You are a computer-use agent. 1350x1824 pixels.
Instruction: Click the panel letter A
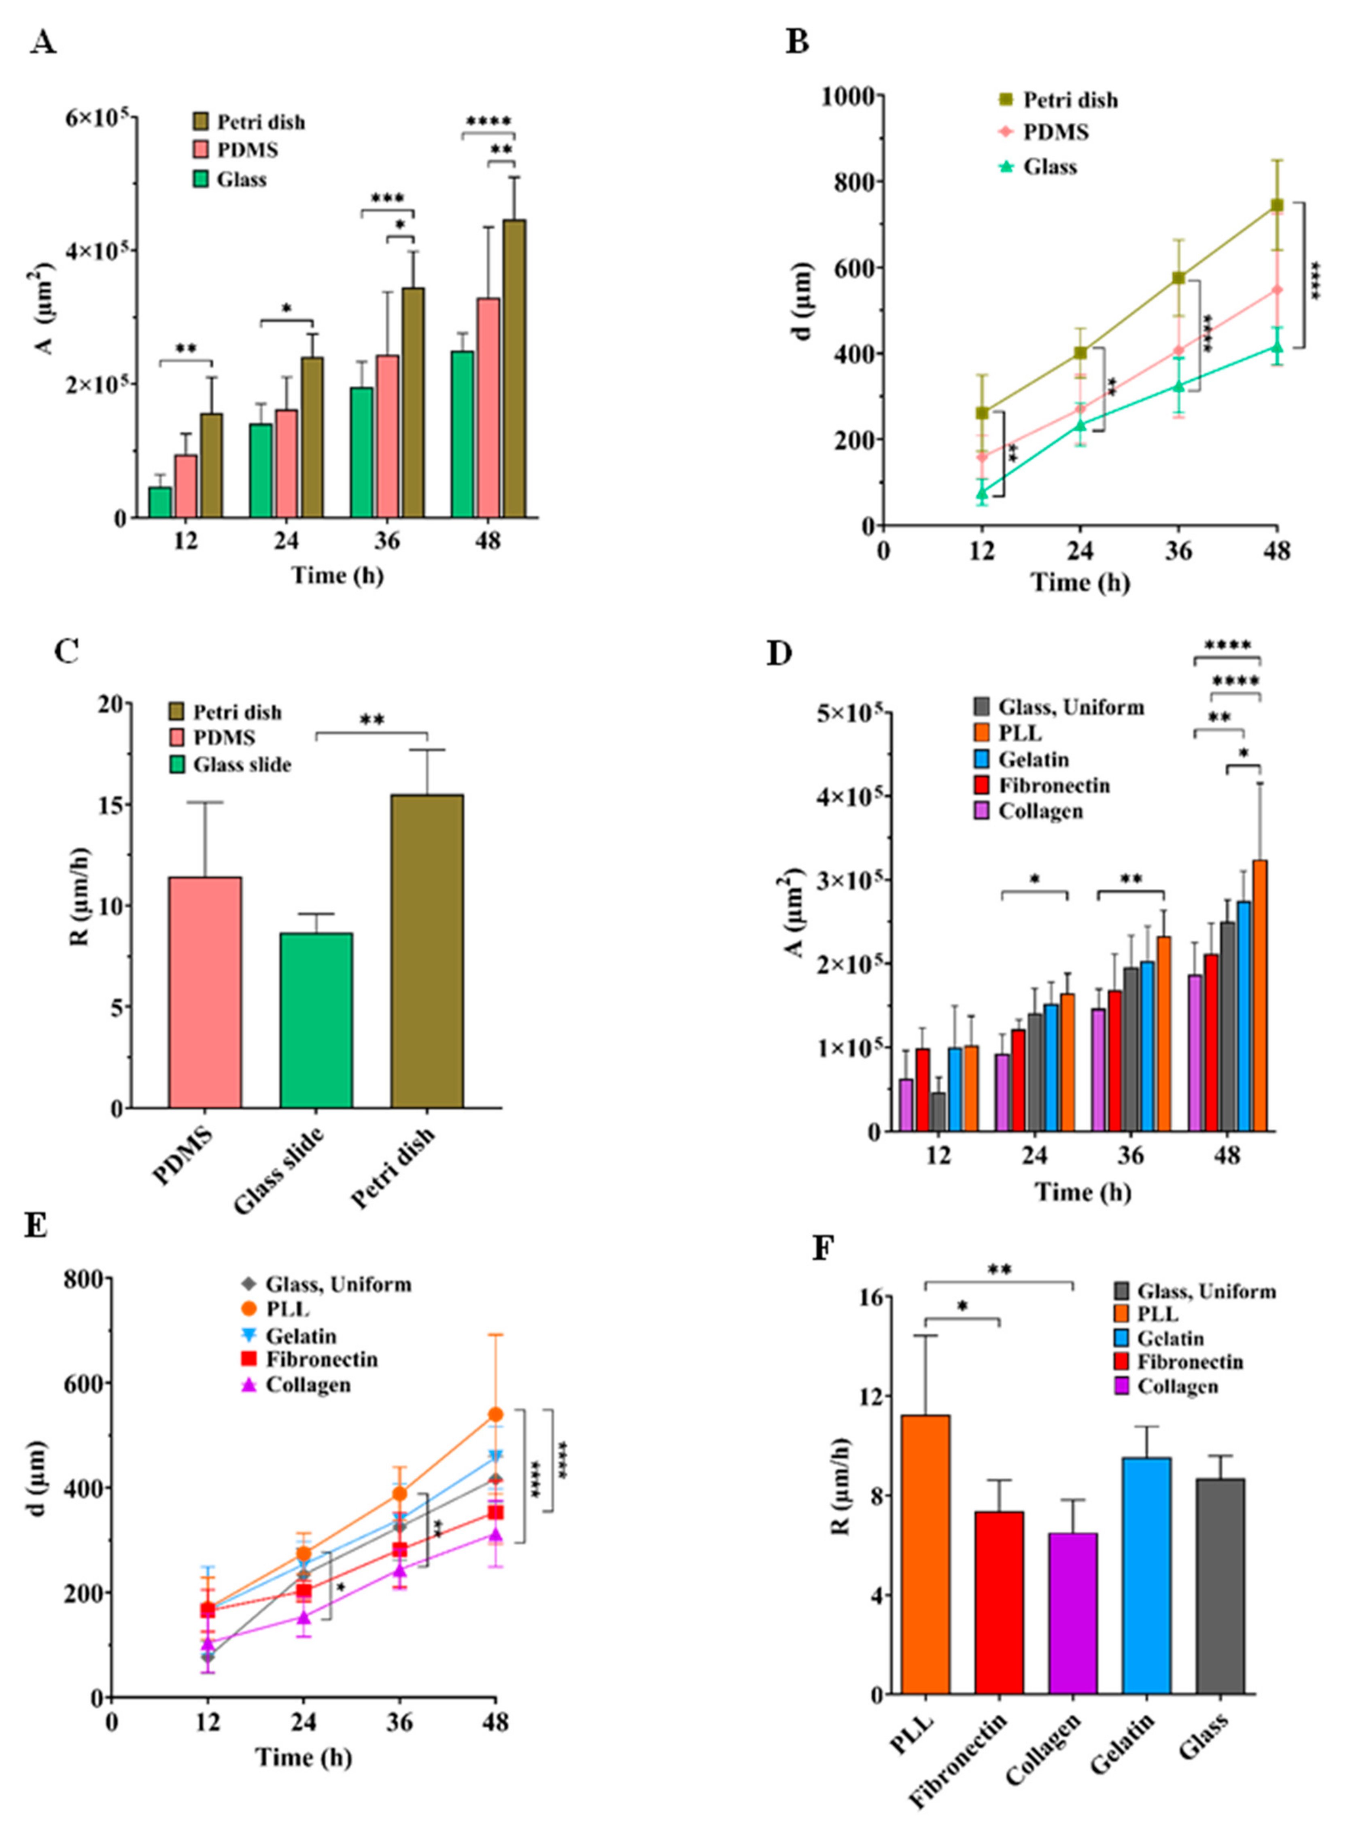point(42,42)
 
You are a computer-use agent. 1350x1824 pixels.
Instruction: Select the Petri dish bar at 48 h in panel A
point(514,367)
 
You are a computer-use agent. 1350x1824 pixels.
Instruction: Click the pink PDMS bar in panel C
point(204,993)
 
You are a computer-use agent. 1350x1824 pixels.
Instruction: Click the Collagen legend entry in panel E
point(307,1385)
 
